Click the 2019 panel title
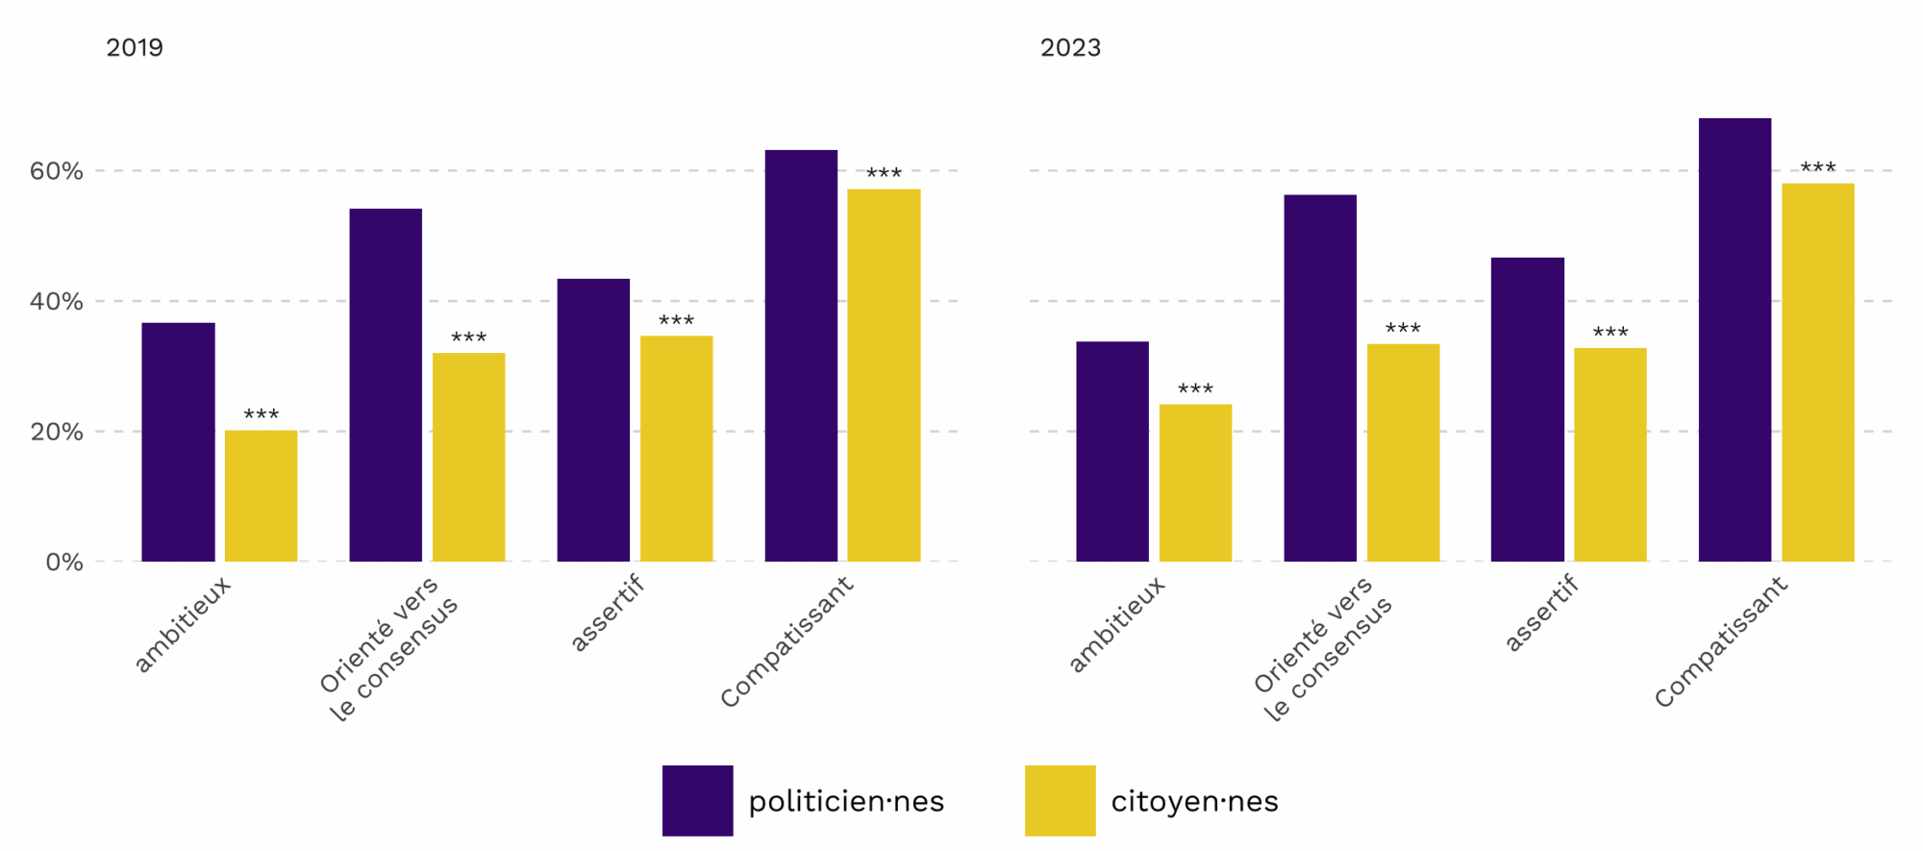135,48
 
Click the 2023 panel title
1070,48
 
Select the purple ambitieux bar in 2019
178,442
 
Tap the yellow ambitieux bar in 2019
261,496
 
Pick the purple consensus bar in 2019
386,385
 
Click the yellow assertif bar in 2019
677,449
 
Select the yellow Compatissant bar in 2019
884,375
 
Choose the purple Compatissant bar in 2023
1735,339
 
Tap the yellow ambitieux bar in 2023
1195,483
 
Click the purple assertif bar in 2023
1528,410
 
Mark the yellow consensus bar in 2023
1403,453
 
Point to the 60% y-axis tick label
57,171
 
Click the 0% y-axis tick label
64,563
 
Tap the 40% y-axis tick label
57,302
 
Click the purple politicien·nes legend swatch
698,800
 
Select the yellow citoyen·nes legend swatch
1061,800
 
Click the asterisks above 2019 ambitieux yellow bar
261,414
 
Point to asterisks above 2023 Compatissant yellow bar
1818,167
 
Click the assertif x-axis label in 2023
1542,613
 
